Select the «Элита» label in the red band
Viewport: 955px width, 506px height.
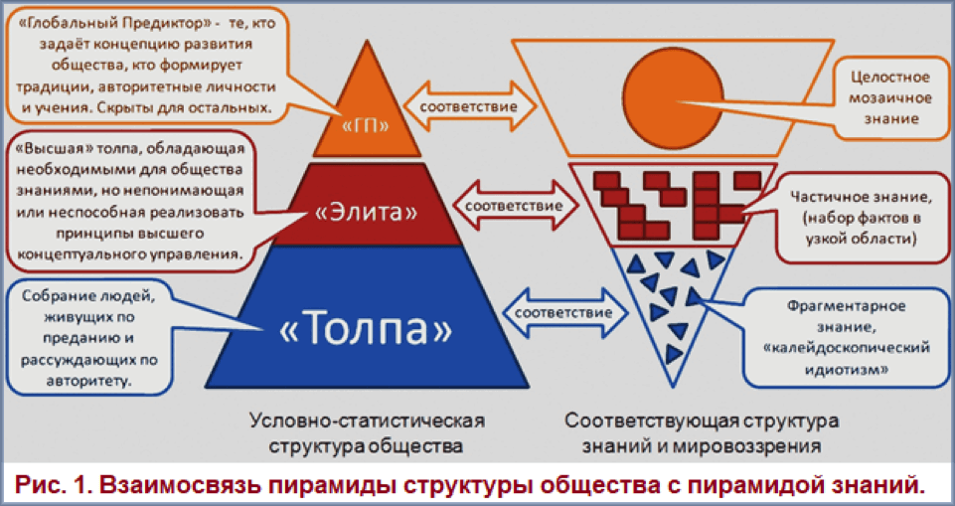click(x=366, y=213)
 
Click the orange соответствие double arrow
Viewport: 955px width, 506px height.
click(x=470, y=105)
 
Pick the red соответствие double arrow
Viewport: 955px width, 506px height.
click(x=514, y=205)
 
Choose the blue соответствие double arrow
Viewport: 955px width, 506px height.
click(x=564, y=313)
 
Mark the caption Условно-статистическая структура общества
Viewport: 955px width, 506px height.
click(x=368, y=432)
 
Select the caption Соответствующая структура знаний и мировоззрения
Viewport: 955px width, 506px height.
click(x=701, y=432)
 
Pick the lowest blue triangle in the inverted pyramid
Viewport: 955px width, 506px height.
click(x=673, y=353)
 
